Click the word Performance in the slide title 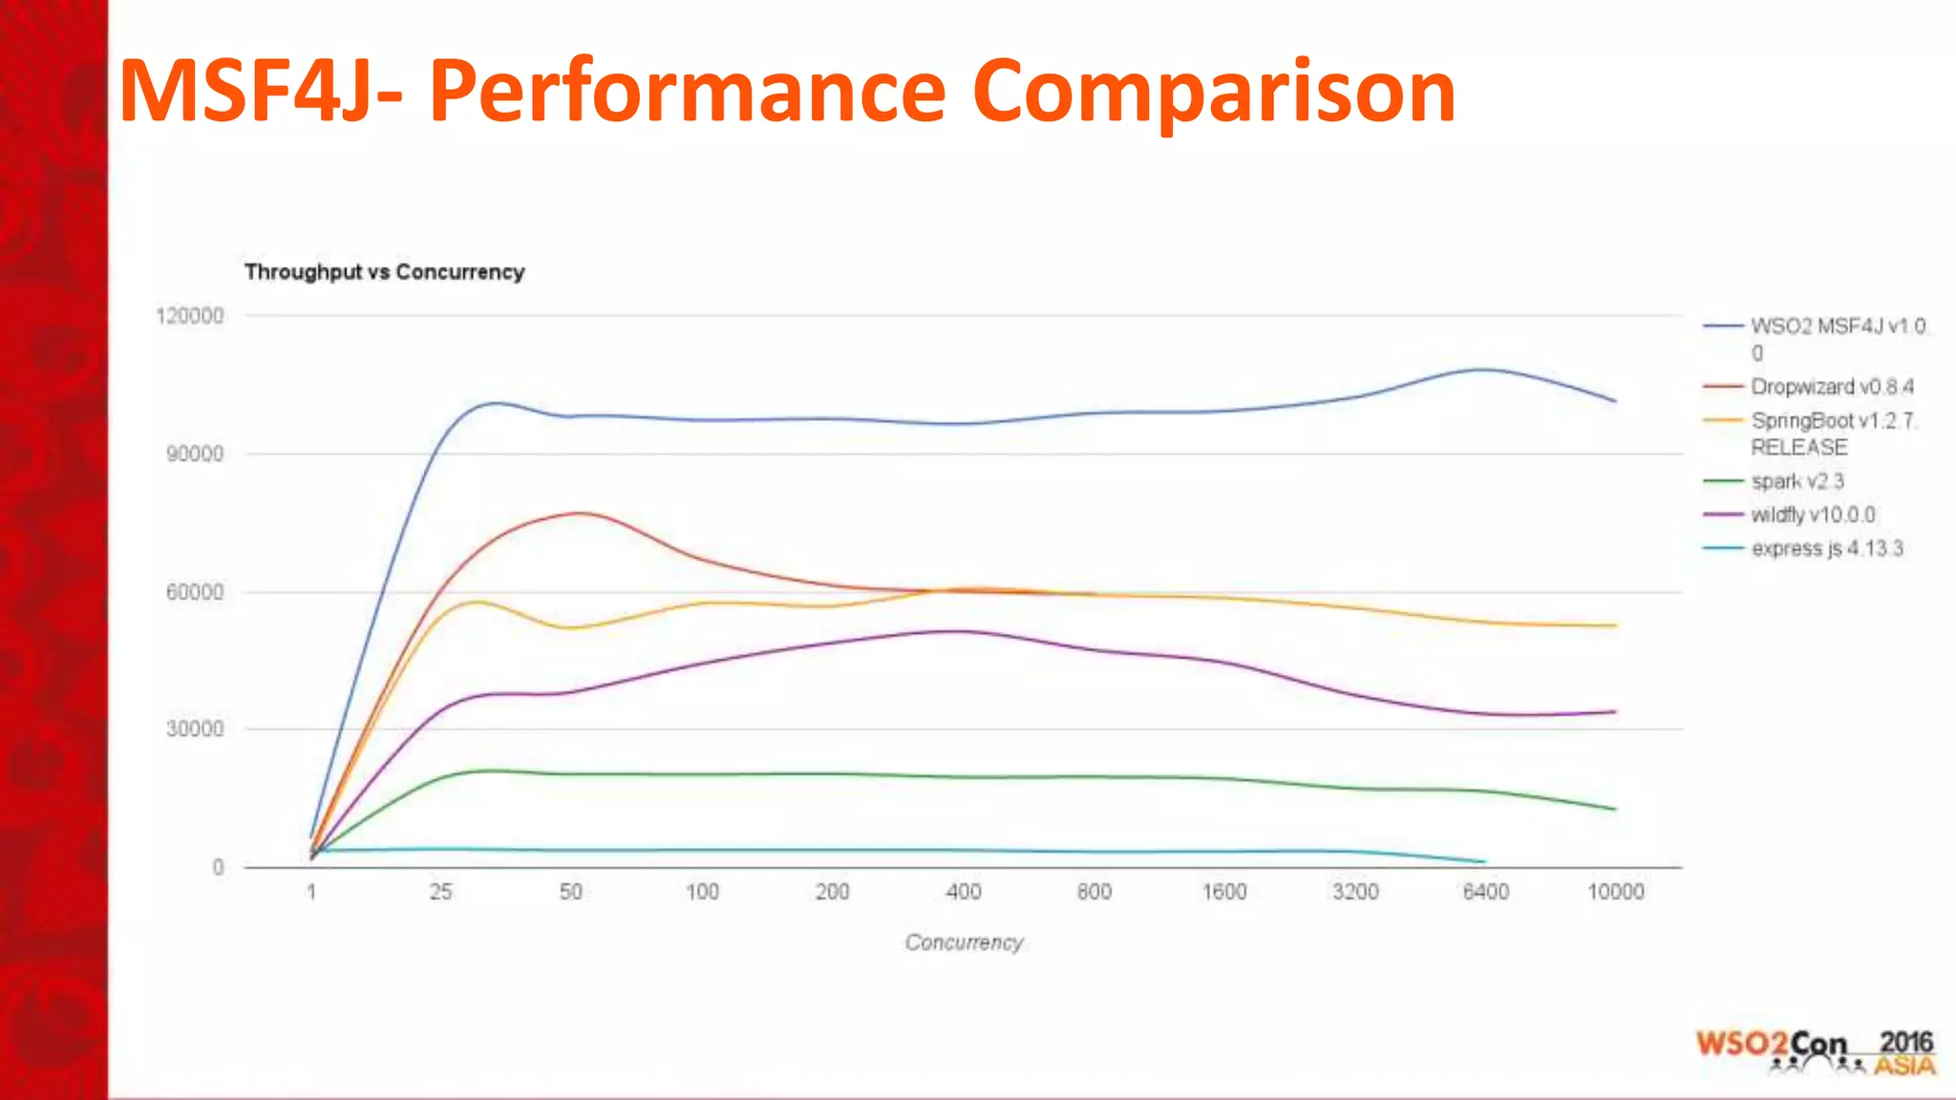click(x=687, y=92)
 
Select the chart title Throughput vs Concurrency click(x=384, y=272)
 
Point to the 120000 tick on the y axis click(x=190, y=316)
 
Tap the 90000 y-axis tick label click(x=195, y=454)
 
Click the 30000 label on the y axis click(x=195, y=730)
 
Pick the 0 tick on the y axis click(x=219, y=867)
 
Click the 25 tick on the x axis click(x=440, y=892)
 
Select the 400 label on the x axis click(x=963, y=892)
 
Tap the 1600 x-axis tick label click(x=1224, y=892)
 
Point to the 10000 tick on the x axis click(x=1615, y=892)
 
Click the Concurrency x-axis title click(x=964, y=942)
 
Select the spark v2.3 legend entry click(x=1797, y=481)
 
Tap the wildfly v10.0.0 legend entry click(x=1812, y=515)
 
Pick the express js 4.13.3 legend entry click(x=1826, y=548)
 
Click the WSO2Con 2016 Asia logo click(x=1815, y=1052)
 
